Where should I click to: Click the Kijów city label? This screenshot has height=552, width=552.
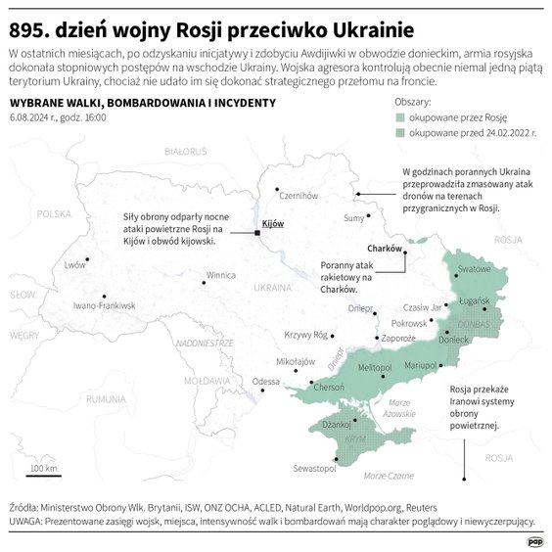pos(273,224)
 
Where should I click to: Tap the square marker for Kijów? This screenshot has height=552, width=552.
pos(256,233)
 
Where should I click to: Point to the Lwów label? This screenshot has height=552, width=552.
pos(75,265)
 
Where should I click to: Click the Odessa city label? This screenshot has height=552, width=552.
pos(265,382)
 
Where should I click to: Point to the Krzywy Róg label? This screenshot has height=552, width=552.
pos(305,335)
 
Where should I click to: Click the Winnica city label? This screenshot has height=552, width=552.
pos(220,276)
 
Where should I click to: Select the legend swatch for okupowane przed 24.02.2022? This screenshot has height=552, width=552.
pos(399,130)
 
